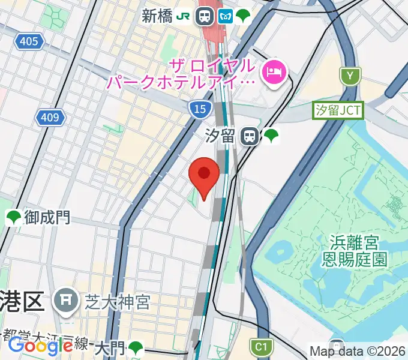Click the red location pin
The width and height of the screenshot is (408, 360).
(x=204, y=174)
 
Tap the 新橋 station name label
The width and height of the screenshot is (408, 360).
(x=157, y=16)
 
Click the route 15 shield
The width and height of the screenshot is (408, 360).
(x=199, y=109)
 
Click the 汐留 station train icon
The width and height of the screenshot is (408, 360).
(x=249, y=137)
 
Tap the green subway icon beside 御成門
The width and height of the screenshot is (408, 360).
(x=13, y=217)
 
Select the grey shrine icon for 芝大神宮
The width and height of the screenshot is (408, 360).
(x=64, y=299)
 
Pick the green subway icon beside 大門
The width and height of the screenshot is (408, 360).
(x=136, y=347)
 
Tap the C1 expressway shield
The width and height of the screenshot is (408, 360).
(x=260, y=346)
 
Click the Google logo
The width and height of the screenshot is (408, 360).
(x=41, y=346)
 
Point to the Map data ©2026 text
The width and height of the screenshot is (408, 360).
(x=357, y=352)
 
